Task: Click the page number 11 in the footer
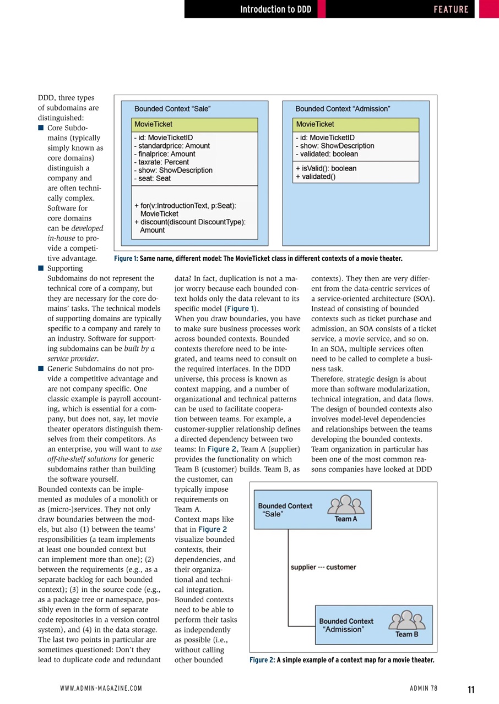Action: (471, 690)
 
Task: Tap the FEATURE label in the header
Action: (451, 9)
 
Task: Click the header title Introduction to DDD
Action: (276, 9)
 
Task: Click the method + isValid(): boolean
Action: (326, 168)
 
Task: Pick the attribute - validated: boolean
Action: (327, 154)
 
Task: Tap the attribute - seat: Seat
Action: (152, 178)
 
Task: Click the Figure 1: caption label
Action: (126, 258)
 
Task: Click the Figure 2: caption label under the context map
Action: (262, 660)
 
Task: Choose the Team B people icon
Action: (406, 620)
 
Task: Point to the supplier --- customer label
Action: (323, 567)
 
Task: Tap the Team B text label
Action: (407, 634)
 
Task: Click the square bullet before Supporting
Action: (41, 268)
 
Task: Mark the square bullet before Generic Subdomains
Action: (41, 369)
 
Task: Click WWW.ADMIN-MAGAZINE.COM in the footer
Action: (101, 688)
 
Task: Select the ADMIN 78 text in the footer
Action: (424, 688)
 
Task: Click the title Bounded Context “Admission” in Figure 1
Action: (343, 109)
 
